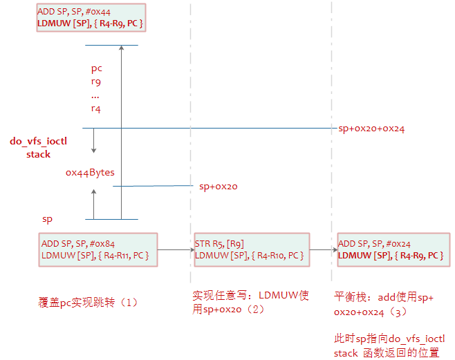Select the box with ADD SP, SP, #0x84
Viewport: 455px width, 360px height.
pos(98,249)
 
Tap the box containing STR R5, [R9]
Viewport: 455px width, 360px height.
pos(252,249)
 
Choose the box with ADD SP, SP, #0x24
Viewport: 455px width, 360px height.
pos(393,249)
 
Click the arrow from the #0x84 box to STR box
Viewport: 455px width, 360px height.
pos(176,250)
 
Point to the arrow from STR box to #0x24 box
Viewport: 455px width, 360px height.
pos(322,250)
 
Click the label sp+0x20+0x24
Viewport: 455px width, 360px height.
pos(371,129)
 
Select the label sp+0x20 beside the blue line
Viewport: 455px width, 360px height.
pos(218,186)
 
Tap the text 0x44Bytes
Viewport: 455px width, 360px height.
pos(90,172)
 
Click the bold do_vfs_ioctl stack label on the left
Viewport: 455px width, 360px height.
pos(39,148)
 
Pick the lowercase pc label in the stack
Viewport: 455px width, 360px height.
pos(97,68)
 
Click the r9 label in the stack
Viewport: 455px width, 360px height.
pos(96,82)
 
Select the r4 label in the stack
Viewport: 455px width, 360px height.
pos(96,108)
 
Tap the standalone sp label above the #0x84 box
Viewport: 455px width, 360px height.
pos(48,218)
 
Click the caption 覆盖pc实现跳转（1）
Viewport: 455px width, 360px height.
pos(89,303)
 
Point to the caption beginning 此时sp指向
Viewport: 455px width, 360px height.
pos(389,345)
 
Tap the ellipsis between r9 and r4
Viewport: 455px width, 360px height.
pos(95,95)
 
